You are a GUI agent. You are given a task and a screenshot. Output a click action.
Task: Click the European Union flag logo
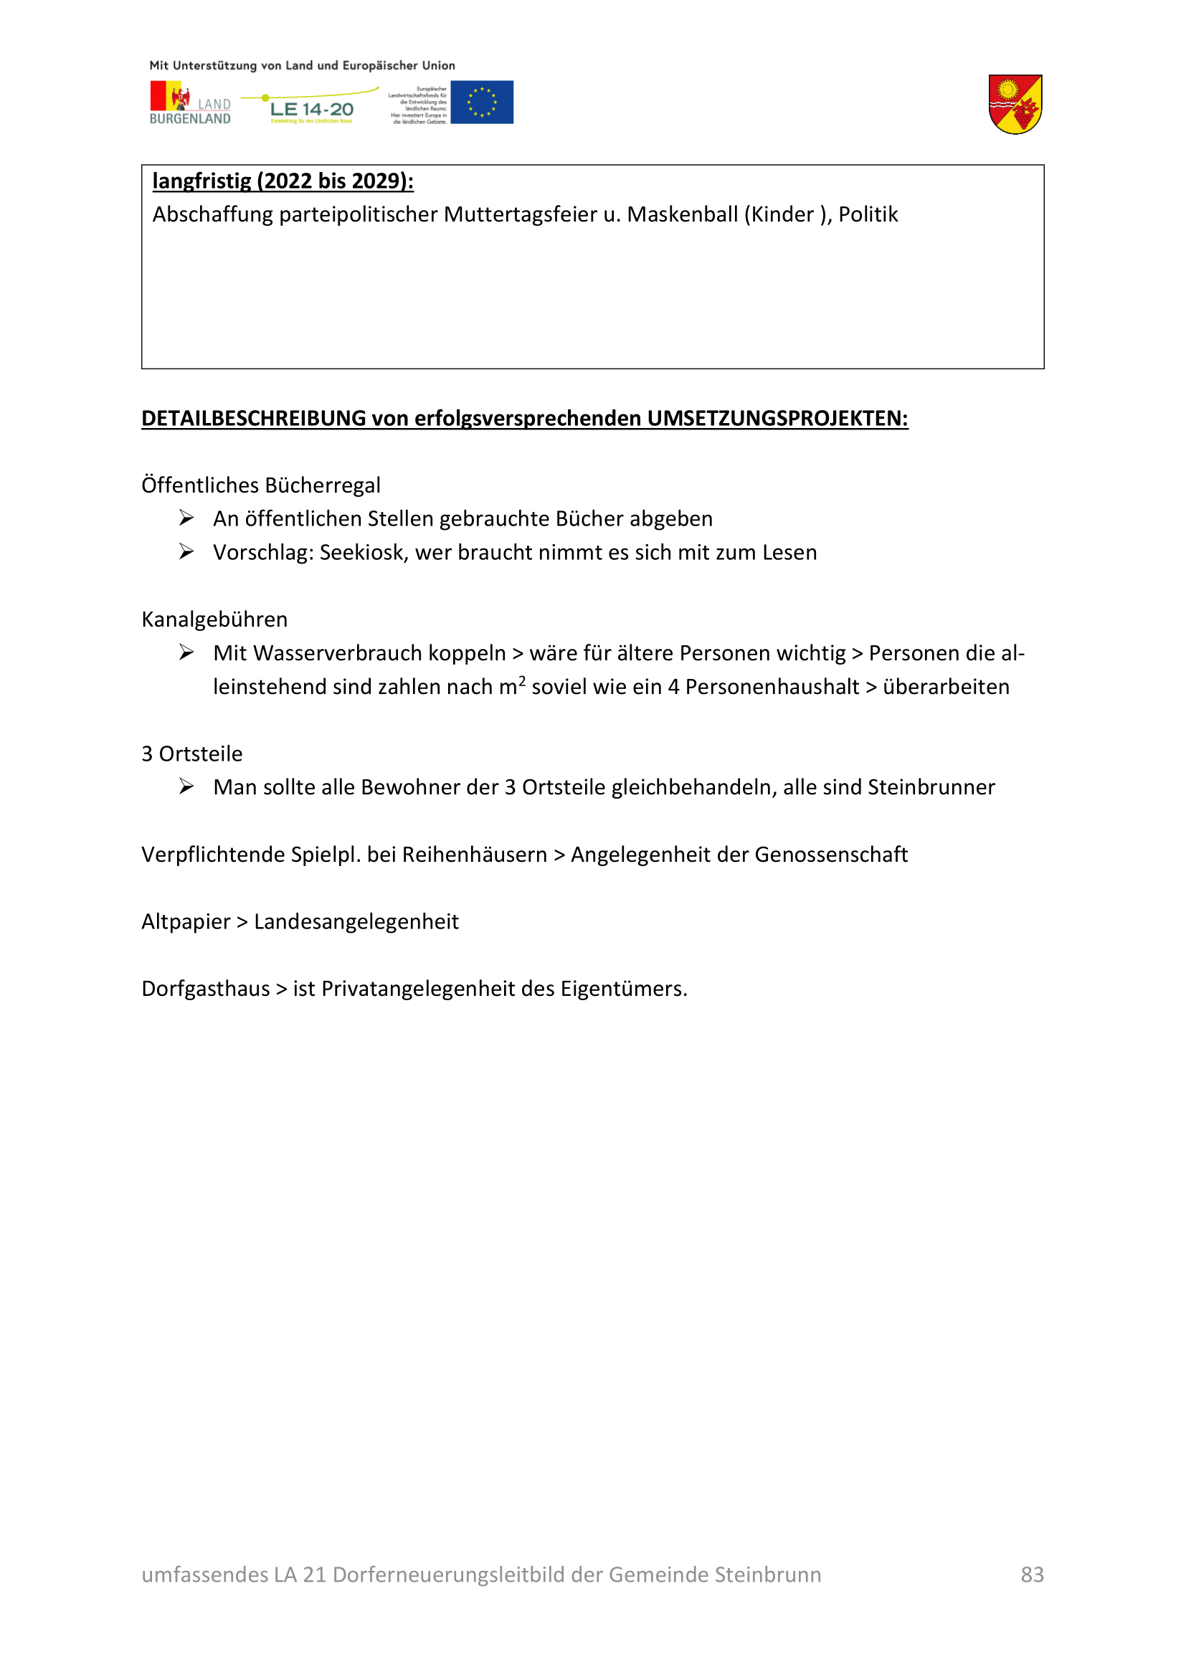point(481,103)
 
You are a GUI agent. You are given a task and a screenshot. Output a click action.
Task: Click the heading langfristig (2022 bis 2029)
point(283,181)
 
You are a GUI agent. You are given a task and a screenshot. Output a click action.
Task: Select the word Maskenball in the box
point(681,215)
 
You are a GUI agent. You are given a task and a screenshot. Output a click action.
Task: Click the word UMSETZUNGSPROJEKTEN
point(777,419)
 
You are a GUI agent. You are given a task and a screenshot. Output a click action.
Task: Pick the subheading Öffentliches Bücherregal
point(261,485)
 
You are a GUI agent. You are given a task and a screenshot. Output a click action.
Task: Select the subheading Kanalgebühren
point(214,619)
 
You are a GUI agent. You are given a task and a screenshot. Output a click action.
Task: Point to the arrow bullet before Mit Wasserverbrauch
point(187,652)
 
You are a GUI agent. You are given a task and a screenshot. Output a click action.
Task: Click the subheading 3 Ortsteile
point(192,754)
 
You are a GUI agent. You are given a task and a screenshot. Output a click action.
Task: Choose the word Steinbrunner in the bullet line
point(931,787)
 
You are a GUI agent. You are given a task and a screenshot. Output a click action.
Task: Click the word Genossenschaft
point(831,855)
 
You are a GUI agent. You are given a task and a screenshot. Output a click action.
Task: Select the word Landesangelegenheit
point(356,922)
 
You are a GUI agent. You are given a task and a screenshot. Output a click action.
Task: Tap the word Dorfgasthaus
point(206,989)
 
